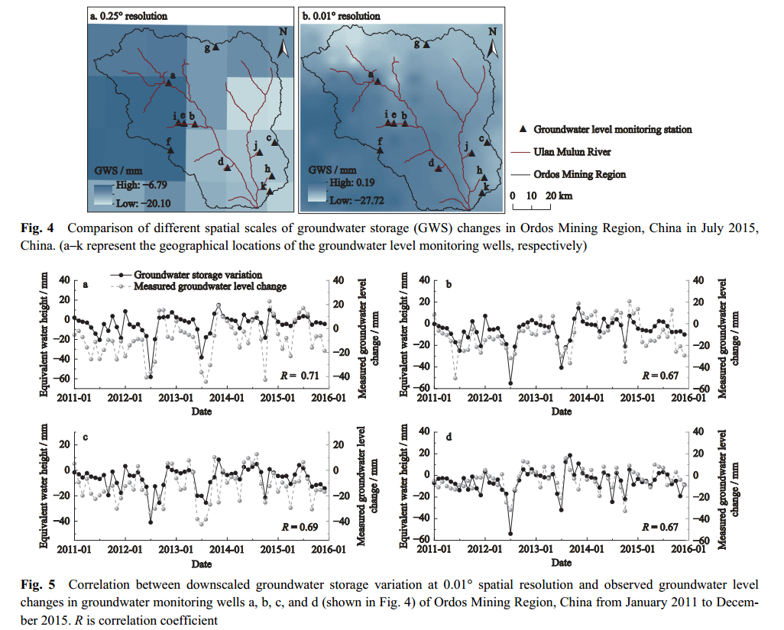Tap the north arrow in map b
[494, 44]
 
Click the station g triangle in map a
[216, 47]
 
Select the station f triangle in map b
[380, 151]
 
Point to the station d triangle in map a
[228, 168]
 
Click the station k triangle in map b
[481, 193]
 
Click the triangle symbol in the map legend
[523, 130]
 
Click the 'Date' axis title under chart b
[561, 412]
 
